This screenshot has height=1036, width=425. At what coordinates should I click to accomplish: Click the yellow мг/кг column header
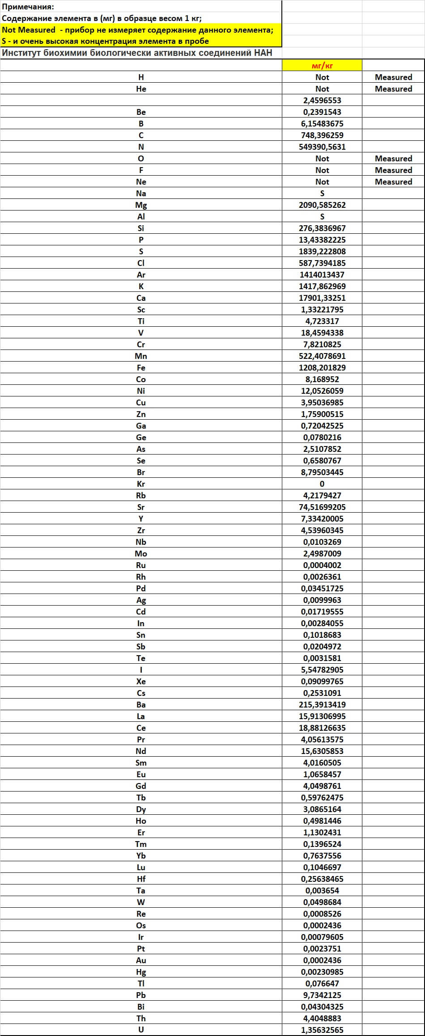pyautogui.click(x=322, y=66)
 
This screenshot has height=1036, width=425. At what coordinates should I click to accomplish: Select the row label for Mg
pyautogui.click(x=141, y=205)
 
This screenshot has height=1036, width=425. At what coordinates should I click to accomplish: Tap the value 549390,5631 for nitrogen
pyautogui.click(x=322, y=147)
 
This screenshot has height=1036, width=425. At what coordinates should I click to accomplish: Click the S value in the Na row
pyautogui.click(x=322, y=194)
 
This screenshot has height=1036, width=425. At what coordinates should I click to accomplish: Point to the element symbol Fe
pyautogui.click(x=141, y=368)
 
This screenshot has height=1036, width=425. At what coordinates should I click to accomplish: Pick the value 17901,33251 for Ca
pyautogui.click(x=322, y=298)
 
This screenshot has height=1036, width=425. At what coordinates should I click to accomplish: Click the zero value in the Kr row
pyautogui.click(x=322, y=484)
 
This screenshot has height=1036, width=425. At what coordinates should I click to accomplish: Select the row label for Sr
pyautogui.click(x=141, y=507)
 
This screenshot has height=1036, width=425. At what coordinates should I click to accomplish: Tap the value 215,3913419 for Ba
pyautogui.click(x=322, y=705)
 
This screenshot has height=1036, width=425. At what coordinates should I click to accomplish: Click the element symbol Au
pyautogui.click(x=141, y=960)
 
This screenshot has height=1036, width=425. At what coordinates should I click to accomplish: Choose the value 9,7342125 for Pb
pyautogui.click(x=322, y=995)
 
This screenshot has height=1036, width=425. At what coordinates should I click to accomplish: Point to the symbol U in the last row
pyautogui.click(x=141, y=1030)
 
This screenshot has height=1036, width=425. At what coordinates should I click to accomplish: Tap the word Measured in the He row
pyautogui.click(x=393, y=89)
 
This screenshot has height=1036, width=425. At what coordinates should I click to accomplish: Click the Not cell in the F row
pyautogui.click(x=322, y=170)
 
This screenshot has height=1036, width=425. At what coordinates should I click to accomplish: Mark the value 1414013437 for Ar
pyautogui.click(x=322, y=275)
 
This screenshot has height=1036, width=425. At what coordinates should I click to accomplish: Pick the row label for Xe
pyautogui.click(x=141, y=682)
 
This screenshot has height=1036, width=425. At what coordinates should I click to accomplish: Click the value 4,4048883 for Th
pyautogui.click(x=322, y=1019)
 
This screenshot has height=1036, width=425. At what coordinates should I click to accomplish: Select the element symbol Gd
pyautogui.click(x=141, y=786)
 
